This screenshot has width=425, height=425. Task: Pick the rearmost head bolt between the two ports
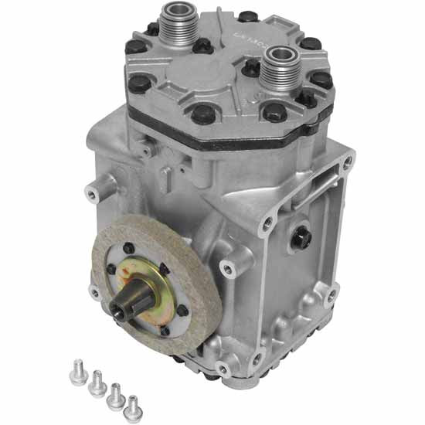(x=248, y=16)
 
